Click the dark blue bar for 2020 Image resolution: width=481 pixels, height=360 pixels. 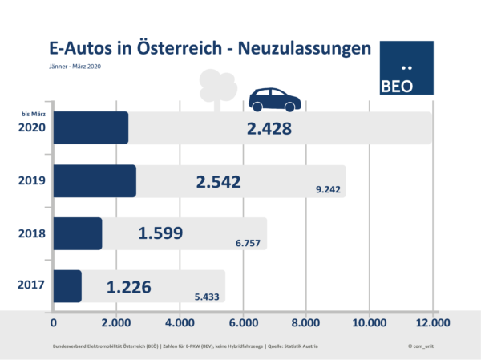91,128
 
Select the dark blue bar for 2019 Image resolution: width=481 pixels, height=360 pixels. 95,181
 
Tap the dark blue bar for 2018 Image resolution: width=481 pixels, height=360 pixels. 78,233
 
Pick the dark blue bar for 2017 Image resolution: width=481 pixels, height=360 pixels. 67,286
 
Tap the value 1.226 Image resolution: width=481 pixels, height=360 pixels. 131,286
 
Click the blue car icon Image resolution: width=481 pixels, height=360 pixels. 274,100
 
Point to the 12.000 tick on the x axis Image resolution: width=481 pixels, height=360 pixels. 432,323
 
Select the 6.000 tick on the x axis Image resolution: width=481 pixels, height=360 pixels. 243,323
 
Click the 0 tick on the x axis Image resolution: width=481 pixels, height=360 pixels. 54,323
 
